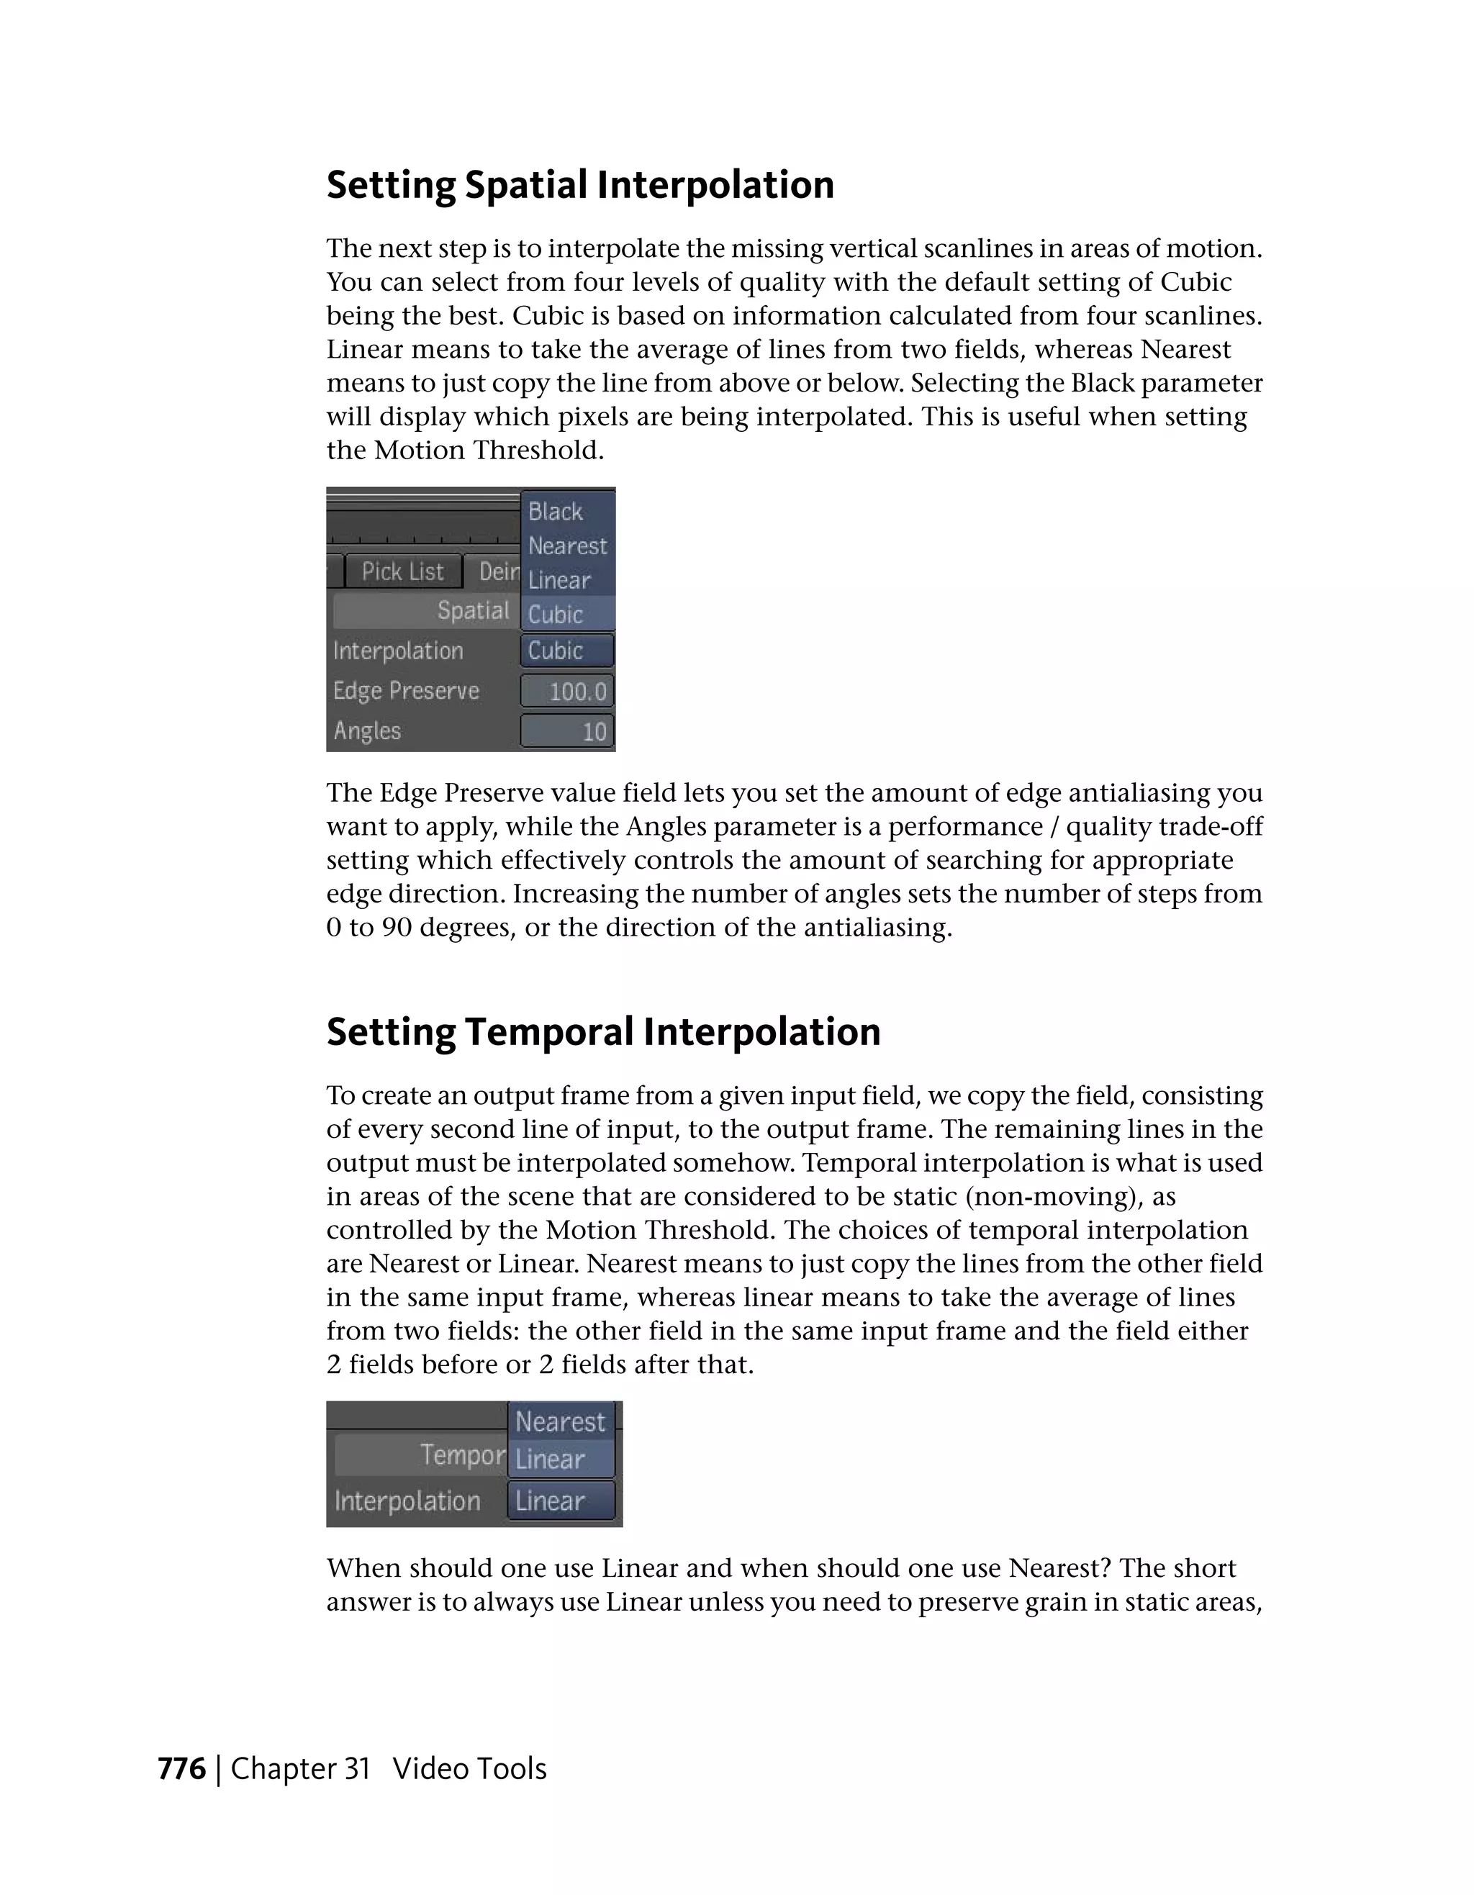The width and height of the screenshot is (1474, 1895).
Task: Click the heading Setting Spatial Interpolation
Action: tap(579, 185)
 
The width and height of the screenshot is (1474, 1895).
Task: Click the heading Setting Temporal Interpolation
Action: tap(603, 1031)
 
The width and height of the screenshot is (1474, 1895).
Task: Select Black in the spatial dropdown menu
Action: tap(556, 512)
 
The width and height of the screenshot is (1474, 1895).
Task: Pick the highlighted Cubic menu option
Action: tap(556, 615)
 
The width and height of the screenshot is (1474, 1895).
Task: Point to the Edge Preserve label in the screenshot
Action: tap(406, 691)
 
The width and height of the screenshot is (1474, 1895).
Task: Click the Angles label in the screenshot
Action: tap(367, 731)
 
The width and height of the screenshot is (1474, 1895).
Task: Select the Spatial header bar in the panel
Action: tap(425, 611)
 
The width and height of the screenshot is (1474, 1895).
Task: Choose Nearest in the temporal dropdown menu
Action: tap(561, 1422)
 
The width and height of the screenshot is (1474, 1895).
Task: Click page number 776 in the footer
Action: tap(182, 1769)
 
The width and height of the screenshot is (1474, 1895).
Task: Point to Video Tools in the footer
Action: tap(469, 1769)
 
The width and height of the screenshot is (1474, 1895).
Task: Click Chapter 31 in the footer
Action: tap(300, 1769)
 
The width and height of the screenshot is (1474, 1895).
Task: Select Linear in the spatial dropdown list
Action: tap(559, 581)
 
